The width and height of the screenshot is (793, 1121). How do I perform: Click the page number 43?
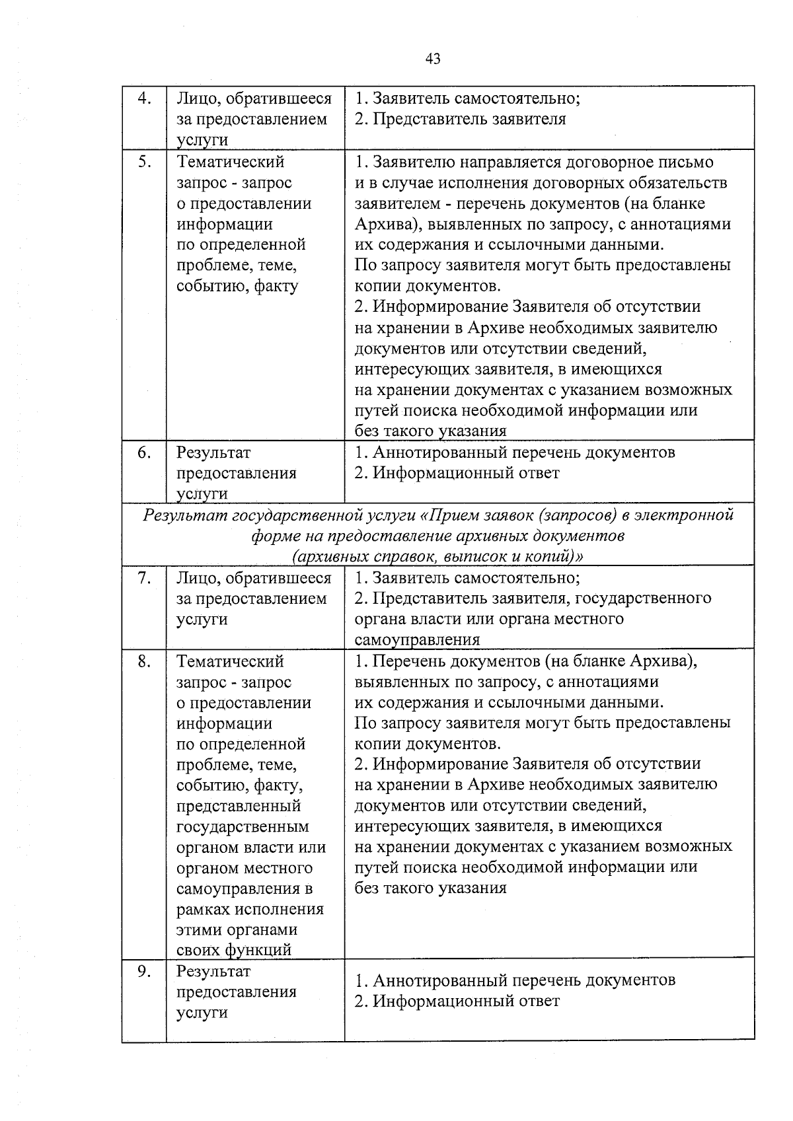tap(433, 59)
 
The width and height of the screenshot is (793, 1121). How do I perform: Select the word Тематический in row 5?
tap(230, 162)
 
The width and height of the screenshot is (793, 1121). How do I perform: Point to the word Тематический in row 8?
tap(230, 661)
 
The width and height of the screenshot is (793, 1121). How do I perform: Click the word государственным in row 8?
tap(243, 827)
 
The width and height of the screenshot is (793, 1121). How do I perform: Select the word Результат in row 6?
tap(213, 453)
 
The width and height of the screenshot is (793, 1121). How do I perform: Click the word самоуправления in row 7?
tap(417, 640)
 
